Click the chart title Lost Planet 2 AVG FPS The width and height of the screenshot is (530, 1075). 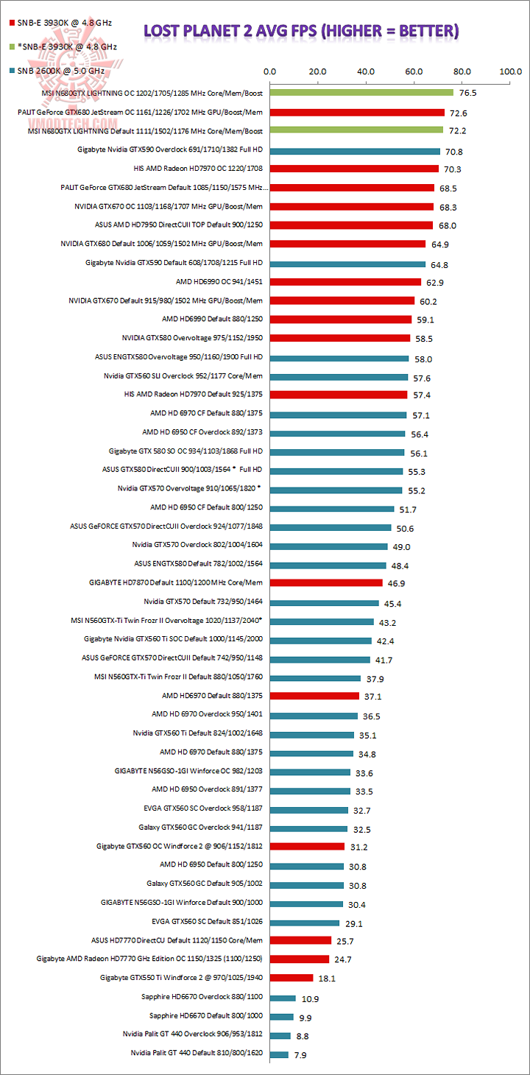click(x=301, y=31)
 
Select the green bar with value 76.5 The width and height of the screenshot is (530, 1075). click(x=361, y=93)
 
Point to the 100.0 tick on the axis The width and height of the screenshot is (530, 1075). click(x=510, y=72)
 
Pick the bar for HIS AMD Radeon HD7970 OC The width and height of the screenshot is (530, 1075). click(x=354, y=169)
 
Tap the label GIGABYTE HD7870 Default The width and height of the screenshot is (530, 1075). click(x=177, y=582)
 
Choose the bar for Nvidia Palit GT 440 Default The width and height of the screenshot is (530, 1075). click(x=279, y=1054)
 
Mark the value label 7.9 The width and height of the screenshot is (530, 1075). click(x=301, y=1054)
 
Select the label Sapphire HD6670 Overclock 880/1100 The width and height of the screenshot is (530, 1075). click(x=202, y=998)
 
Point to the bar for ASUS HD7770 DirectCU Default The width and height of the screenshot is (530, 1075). click(x=300, y=940)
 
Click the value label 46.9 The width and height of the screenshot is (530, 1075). click(x=395, y=582)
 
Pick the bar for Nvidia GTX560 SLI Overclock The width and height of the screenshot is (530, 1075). click(x=339, y=377)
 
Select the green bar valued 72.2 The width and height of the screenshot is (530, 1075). click(x=356, y=130)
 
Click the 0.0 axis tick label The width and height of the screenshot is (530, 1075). click(x=269, y=72)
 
